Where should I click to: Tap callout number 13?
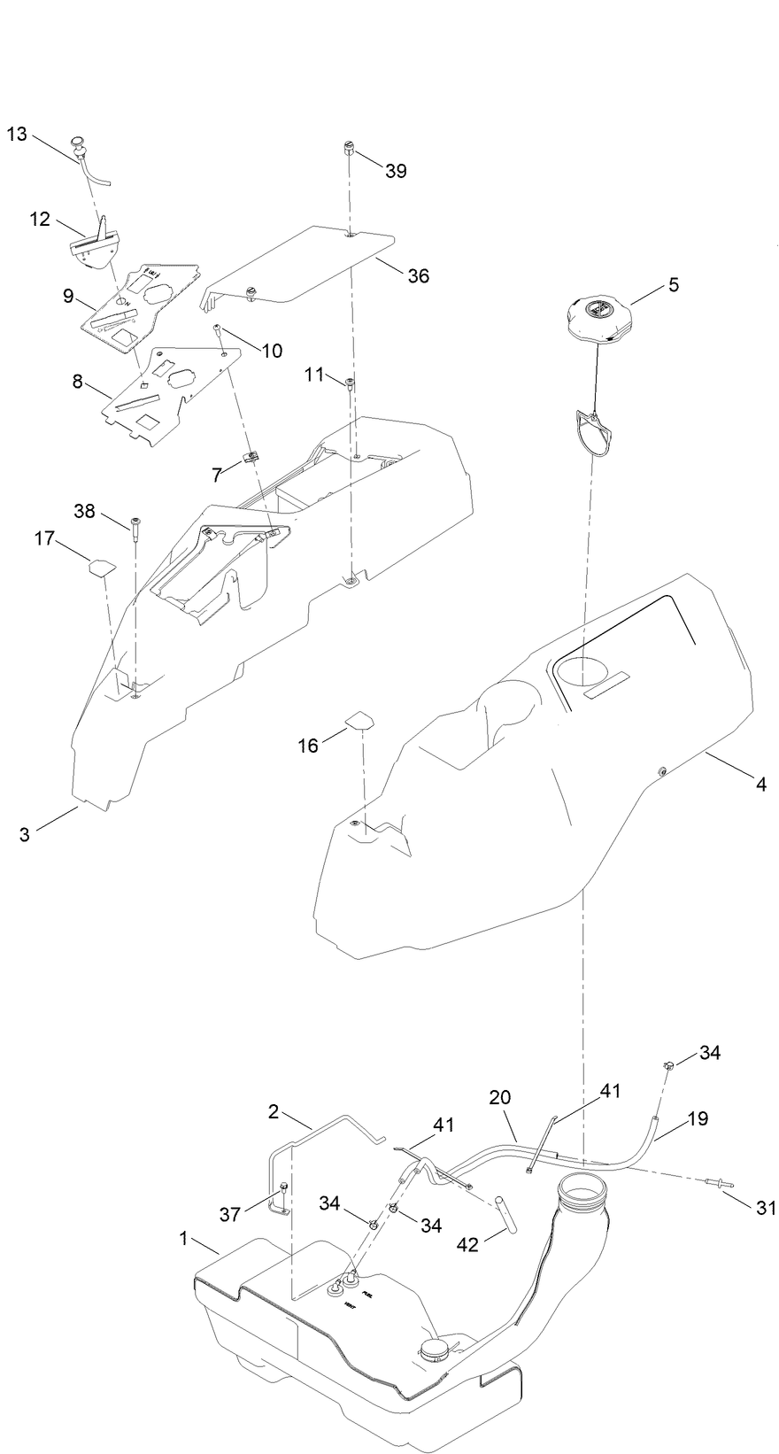pos(17,135)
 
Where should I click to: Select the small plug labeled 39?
pos(350,151)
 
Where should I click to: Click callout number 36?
pos(418,276)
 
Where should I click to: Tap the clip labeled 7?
pos(251,459)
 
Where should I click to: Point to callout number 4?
pos(760,783)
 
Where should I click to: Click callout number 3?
pos(25,833)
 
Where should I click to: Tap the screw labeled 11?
pos(351,383)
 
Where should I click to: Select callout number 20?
pos(500,1098)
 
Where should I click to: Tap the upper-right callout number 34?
pos(710,1053)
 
